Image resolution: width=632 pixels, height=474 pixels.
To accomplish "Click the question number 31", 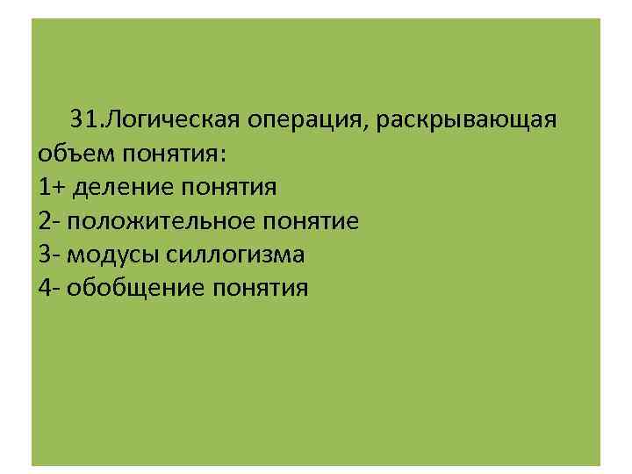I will (x=85, y=119).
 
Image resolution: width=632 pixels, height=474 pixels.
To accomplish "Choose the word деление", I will (x=124, y=187).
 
